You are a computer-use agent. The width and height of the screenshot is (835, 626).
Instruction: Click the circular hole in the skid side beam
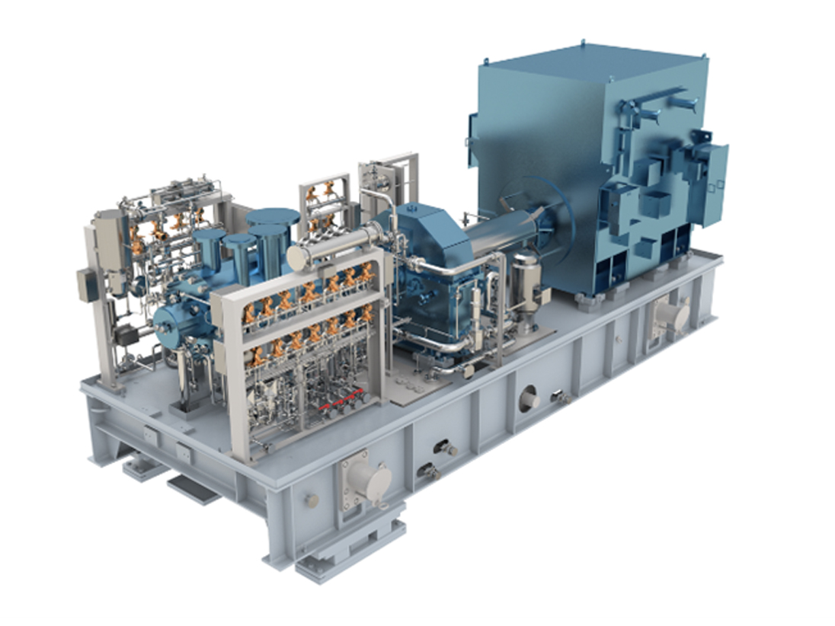pyautogui.click(x=528, y=398)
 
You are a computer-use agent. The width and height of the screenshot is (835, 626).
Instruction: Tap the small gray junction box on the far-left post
pyautogui.click(x=85, y=286)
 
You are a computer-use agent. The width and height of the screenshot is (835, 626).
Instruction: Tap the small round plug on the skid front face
pyautogui.click(x=311, y=500)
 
